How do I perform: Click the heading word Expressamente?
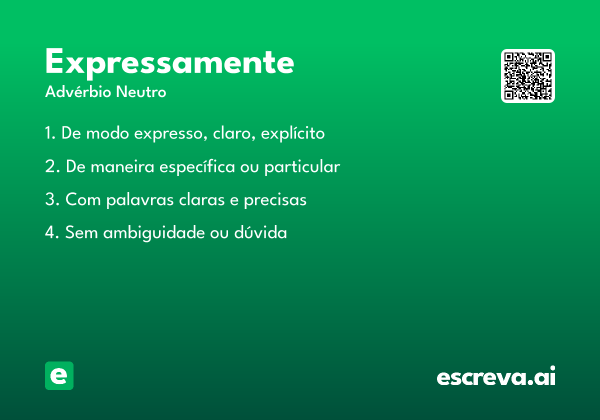click(169, 63)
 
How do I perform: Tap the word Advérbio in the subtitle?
click(78, 92)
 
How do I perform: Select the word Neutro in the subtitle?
click(141, 92)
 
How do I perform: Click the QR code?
click(527, 76)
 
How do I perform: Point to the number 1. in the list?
click(50, 133)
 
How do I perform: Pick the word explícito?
click(293, 133)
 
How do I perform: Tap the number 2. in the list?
click(52, 166)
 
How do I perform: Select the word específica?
click(197, 167)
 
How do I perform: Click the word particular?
click(302, 167)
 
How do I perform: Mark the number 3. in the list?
click(52, 199)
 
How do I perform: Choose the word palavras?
click(140, 200)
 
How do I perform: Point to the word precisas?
click(275, 200)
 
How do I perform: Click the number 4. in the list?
click(52, 232)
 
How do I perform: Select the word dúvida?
click(260, 232)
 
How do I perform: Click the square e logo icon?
click(59, 375)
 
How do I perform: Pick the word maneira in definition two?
click(122, 166)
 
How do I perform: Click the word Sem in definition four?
click(81, 232)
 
